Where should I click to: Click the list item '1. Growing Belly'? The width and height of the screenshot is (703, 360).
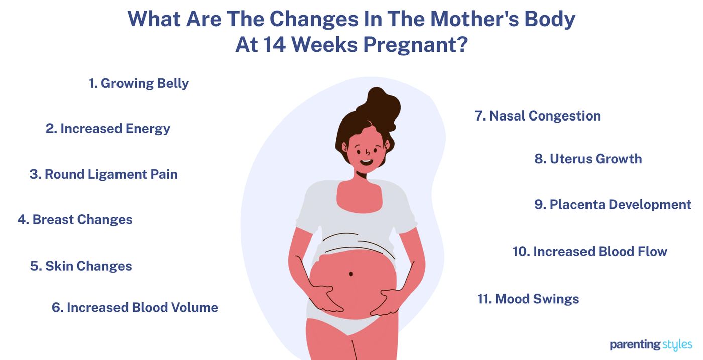[x=139, y=83]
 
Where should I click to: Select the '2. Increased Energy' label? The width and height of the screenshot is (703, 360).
[x=108, y=129]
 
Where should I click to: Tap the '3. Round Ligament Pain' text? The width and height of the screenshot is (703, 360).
[x=103, y=174]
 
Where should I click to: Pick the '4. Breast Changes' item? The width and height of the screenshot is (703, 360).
[x=75, y=220]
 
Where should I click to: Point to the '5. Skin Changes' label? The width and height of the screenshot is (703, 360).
[x=81, y=266]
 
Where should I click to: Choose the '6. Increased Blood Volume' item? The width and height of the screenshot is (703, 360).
[x=135, y=307]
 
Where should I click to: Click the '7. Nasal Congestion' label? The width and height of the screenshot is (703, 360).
[x=537, y=116]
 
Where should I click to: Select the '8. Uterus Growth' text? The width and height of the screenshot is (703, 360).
[x=588, y=159]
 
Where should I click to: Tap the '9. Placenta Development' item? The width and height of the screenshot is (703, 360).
[x=613, y=205]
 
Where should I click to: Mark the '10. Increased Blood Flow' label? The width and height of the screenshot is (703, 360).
[x=590, y=251]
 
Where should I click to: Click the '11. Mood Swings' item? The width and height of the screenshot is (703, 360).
[x=528, y=299]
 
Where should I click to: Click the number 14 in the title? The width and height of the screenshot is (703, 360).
[x=274, y=44]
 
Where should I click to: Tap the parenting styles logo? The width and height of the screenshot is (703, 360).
[x=651, y=345]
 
